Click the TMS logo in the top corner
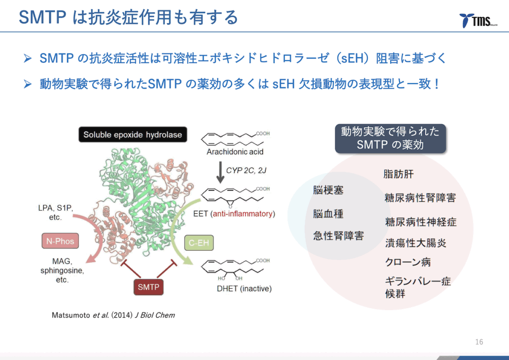click(478, 20)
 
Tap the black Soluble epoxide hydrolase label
click(133, 134)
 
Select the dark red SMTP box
click(148, 287)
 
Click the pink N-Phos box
click(60, 241)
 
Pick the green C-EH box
click(199, 243)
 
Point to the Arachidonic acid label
click(235, 152)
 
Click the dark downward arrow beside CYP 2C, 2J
click(220, 172)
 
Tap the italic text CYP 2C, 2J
click(247, 171)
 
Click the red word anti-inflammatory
click(243, 214)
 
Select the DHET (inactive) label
click(244, 288)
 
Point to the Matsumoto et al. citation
click(113, 315)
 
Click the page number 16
click(479, 342)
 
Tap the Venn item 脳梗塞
click(328, 190)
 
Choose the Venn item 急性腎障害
click(338, 236)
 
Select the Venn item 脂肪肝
click(399, 174)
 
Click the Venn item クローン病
click(408, 262)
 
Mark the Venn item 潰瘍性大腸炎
click(416, 243)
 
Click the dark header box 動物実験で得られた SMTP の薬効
click(391, 139)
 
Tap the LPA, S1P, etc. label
click(56, 212)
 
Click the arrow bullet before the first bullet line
click(28, 59)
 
